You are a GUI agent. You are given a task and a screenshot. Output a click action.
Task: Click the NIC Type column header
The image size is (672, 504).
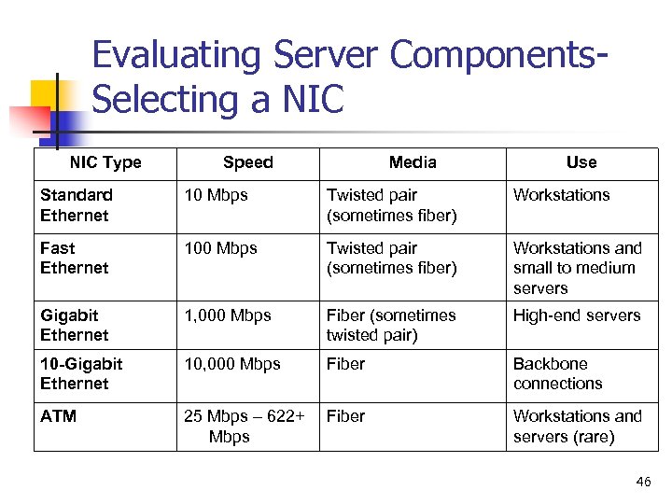tap(105, 162)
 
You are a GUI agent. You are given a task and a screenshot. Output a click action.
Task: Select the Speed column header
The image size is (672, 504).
tap(248, 162)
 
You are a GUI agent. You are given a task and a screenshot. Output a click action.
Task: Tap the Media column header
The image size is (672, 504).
tap(413, 162)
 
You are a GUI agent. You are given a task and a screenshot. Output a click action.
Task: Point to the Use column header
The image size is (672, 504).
tap(581, 162)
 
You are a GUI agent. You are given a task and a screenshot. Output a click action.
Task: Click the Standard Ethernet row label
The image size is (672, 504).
tap(76, 205)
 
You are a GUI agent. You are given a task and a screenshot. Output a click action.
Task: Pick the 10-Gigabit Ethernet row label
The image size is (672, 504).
tap(81, 373)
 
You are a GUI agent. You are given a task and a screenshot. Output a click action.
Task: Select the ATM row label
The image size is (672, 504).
tap(59, 416)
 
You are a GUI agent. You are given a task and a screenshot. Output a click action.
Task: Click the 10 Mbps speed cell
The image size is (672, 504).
tap(217, 195)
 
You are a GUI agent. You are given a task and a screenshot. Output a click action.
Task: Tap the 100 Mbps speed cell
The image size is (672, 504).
tap(221, 248)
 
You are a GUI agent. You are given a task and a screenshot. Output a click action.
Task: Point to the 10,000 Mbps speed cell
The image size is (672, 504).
tap(231, 364)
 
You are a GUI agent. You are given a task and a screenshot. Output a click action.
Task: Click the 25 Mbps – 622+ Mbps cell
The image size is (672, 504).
tap(244, 427)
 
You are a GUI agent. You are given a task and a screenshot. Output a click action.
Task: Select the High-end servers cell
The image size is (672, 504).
tap(577, 315)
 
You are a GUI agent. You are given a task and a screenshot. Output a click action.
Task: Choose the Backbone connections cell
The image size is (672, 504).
tap(557, 373)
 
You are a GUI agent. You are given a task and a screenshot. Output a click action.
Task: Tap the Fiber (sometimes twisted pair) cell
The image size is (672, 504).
tap(391, 325)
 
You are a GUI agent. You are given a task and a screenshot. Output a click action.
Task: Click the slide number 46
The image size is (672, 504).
tap(643, 483)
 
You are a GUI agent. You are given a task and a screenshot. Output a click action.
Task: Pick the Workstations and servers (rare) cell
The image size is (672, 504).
tap(578, 427)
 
